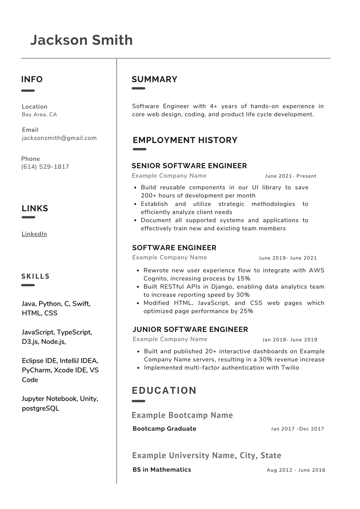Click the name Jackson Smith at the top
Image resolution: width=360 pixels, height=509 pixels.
[x=81, y=40]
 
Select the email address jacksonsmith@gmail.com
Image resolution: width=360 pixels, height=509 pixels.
[x=59, y=138]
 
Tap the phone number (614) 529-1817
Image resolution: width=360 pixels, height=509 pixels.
[x=45, y=167]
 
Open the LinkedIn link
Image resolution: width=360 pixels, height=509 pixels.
[x=34, y=234]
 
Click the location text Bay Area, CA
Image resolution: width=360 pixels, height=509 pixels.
[x=39, y=114]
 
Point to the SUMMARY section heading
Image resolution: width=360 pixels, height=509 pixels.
[x=154, y=79]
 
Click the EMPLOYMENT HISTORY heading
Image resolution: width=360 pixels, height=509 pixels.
[x=185, y=140]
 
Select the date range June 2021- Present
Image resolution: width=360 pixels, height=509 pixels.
[x=291, y=176]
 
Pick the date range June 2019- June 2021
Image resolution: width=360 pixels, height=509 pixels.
[x=288, y=258]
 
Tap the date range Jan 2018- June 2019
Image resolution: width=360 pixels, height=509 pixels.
[x=290, y=339]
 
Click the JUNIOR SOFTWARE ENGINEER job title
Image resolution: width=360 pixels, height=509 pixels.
[x=190, y=329]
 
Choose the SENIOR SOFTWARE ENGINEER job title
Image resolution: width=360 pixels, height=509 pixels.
[x=189, y=166]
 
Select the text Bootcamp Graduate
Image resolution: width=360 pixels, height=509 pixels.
[x=164, y=429]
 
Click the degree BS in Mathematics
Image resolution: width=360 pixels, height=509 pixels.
[x=162, y=469]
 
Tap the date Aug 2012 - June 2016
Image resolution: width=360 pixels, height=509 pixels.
[x=296, y=470]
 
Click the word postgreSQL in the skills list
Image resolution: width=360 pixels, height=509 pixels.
[x=40, y=408]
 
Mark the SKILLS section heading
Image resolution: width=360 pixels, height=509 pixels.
[x=35, y=276]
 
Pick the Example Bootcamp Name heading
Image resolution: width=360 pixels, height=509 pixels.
[x=182, y=415]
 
